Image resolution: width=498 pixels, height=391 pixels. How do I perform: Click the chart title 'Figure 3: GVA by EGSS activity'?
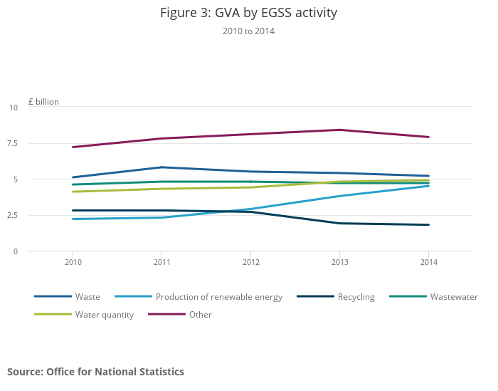pos(248,13)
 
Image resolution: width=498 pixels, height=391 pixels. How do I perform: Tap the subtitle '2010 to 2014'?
pos(248,31)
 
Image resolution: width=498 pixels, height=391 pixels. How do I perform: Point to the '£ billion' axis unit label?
pos(44,102)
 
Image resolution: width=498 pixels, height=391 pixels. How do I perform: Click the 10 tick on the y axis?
pos(14,108)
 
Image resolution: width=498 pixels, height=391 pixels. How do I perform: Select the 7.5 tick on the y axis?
pos(12,143)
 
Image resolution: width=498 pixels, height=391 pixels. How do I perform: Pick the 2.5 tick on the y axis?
pos(12,215)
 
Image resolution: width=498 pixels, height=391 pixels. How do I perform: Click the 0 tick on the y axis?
pos(15,251)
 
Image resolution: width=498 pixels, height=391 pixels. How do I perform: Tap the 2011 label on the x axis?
pos(161,262)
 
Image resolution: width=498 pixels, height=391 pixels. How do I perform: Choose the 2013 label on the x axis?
pos(339,262)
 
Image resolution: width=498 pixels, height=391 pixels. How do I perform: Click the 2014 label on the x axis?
pos(428,262)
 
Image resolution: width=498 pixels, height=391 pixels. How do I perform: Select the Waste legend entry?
pos(88,297)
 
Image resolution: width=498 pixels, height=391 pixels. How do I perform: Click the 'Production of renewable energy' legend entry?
pos(218,297)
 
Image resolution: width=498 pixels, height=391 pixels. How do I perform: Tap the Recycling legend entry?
pos(356,297)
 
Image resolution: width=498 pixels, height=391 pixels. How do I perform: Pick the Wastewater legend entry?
pos(453,297)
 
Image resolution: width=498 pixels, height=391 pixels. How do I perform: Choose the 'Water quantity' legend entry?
pos(104,315)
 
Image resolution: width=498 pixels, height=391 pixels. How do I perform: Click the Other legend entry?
pos(200,315)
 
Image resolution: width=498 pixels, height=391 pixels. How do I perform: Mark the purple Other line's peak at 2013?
pos(339,130)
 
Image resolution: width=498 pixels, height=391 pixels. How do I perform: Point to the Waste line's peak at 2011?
pos(161,167)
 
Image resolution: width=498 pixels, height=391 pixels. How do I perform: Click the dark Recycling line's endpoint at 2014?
pos(428,225)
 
